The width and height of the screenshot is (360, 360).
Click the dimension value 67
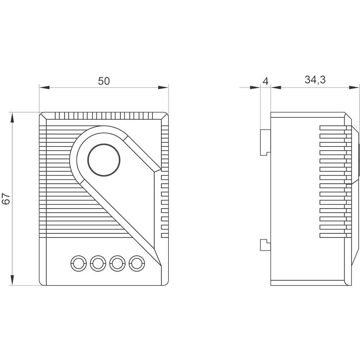[6, 199]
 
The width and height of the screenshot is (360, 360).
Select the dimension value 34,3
[315, 80]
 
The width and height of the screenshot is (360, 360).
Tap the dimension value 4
[265, 81]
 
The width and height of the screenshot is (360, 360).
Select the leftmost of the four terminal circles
[78, 263]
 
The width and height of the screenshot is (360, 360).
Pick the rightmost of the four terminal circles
[137, 263]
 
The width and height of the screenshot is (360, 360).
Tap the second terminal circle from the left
[98, 263]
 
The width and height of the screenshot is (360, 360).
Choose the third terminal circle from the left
[117, 263]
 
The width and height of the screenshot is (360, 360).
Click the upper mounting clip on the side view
[266, 142]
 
